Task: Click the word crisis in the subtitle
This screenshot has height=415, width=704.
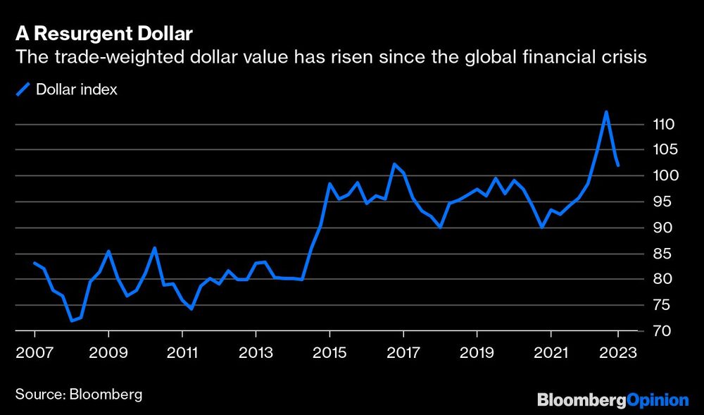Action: click(625, 58)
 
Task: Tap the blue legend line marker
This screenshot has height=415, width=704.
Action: click(25, 89)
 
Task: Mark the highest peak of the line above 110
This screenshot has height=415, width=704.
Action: click(605, 112)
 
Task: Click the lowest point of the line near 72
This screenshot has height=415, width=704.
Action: click(71, 321)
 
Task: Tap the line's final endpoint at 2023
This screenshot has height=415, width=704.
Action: click(617, 166)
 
